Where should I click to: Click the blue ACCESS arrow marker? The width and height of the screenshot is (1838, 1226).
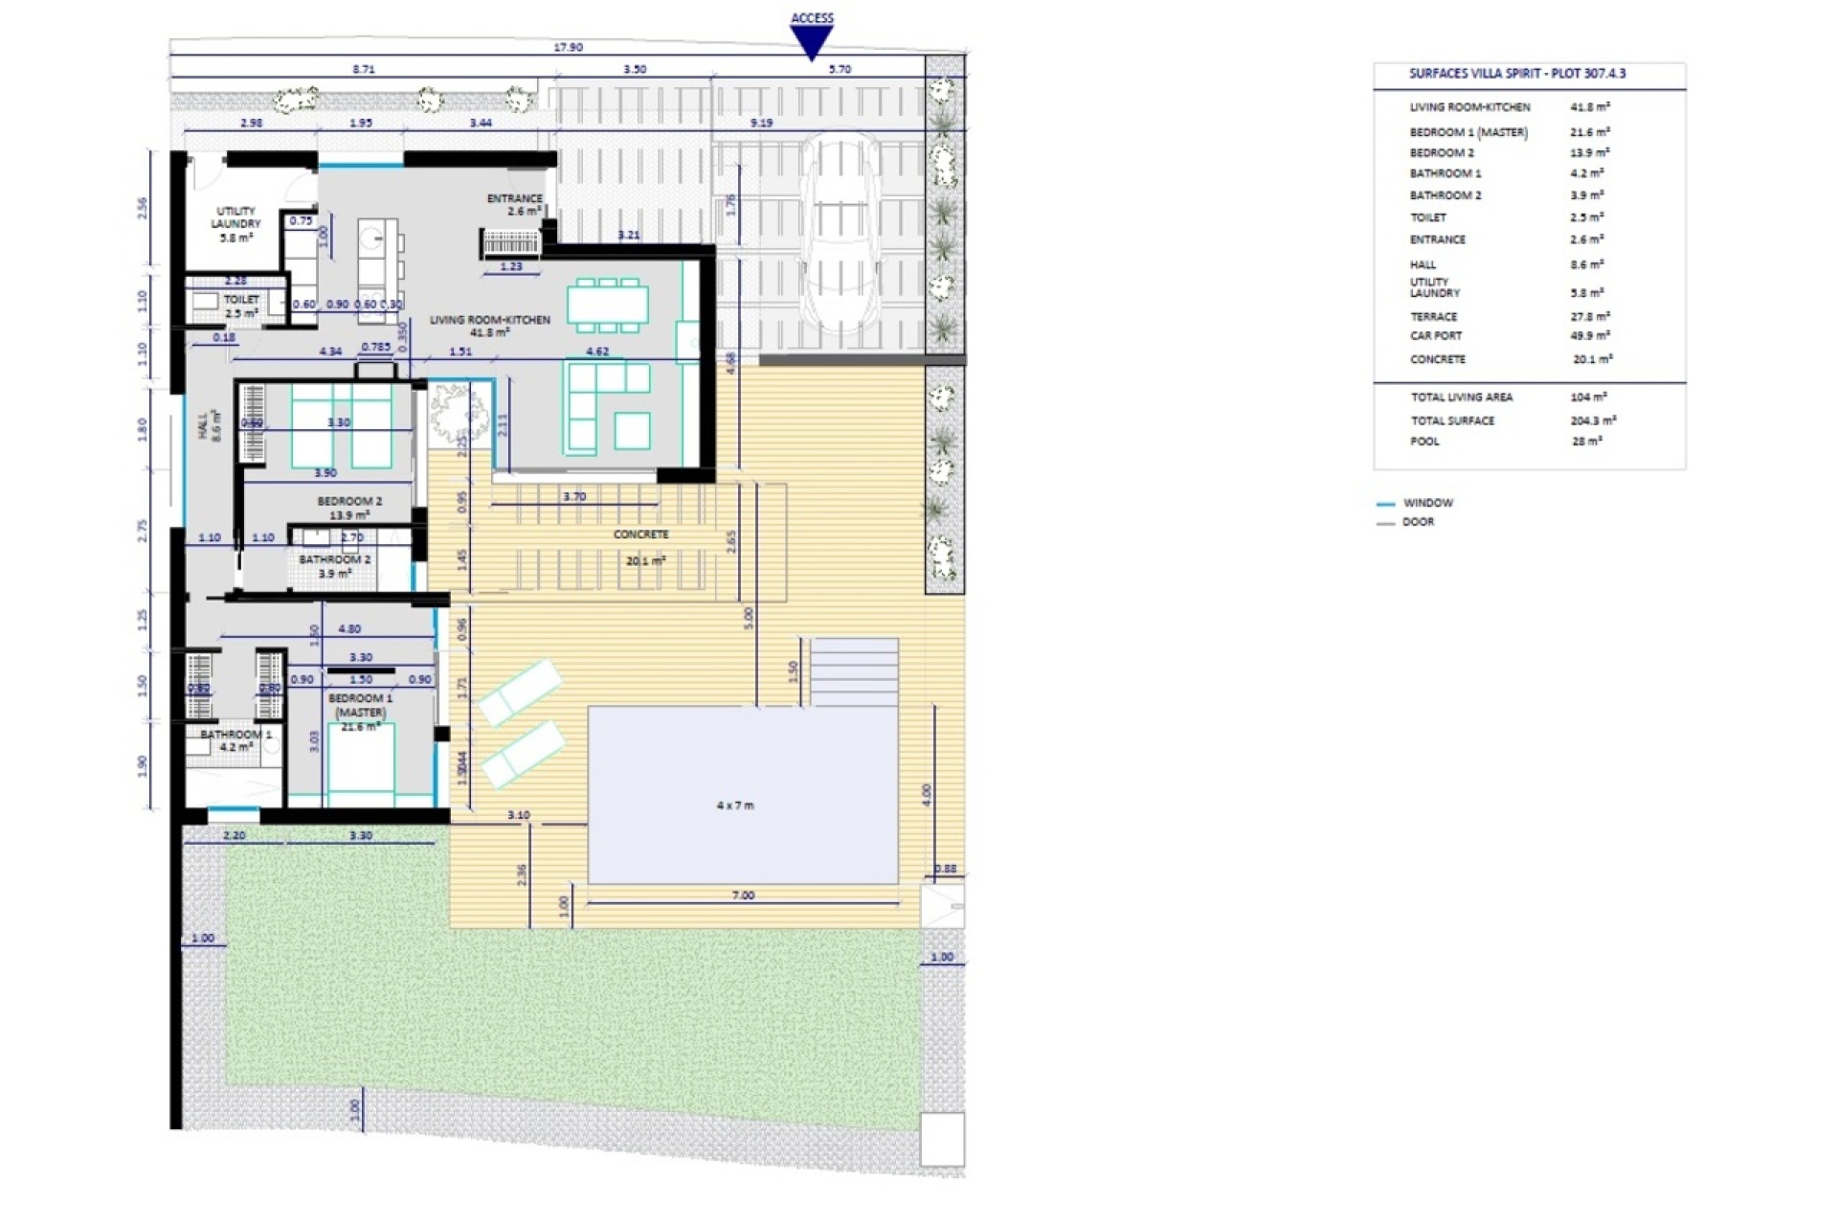[x=812, y=40]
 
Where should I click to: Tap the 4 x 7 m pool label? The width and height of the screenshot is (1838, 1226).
[x=735, y=806]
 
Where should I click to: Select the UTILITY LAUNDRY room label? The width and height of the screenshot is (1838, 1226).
[x=235, y=223]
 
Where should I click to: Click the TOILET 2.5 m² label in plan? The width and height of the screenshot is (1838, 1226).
[x=241, y=306]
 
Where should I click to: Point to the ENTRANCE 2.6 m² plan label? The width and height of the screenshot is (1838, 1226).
[x=515, y=204]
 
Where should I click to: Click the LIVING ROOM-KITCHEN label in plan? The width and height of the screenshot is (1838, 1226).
[x=489, y=326]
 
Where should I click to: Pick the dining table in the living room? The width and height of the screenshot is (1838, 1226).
[x=607, y=305]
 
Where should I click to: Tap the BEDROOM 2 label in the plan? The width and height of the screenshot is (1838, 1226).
[x=349, y=508]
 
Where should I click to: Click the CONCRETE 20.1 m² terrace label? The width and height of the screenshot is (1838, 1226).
[x=642, y=547]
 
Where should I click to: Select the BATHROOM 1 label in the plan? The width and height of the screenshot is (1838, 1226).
[x=235, y=739]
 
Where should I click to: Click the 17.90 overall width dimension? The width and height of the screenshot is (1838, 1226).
[x=568, y=47]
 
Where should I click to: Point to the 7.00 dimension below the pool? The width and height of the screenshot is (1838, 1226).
[x=743, y=896]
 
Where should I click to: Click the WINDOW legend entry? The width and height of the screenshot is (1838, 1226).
[x=1426, y=503]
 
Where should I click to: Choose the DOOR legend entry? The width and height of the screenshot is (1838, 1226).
[x=1418, y=522]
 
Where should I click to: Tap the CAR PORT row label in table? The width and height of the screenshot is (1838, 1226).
[x=1436, y=336]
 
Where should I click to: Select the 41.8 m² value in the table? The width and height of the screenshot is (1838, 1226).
[x=1590, y=107]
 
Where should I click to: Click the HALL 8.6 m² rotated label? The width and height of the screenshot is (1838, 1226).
[x=209, y=424]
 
